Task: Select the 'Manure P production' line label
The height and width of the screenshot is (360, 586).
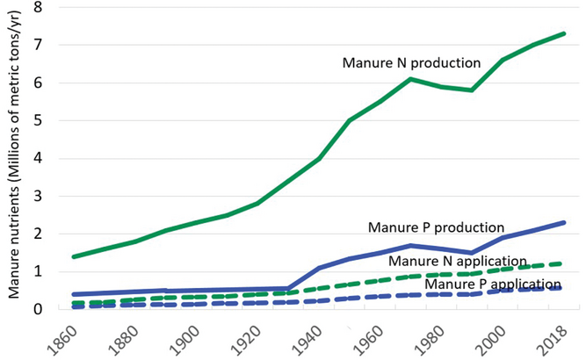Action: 436,227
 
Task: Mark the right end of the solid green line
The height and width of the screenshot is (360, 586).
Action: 563,33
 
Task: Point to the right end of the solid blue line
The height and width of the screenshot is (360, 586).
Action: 563,222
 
